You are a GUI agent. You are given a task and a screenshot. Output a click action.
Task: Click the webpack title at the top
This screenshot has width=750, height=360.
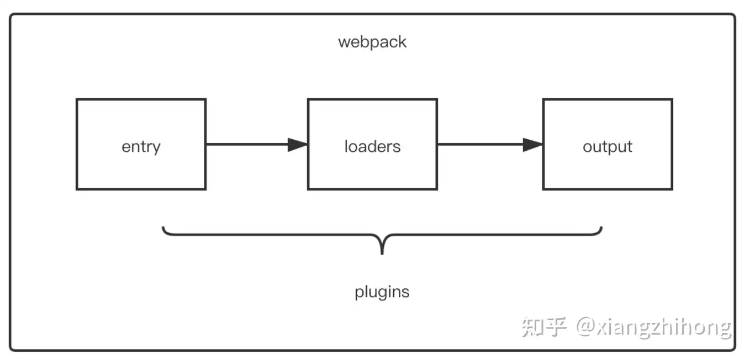tap(372, 43)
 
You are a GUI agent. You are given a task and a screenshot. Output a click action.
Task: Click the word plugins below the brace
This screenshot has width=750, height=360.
tap(382, 292)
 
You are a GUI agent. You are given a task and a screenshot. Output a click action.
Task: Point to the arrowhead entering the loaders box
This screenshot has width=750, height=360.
tap(298, 145)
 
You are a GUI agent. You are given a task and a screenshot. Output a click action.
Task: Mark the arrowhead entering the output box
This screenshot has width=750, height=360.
tap(533, 145)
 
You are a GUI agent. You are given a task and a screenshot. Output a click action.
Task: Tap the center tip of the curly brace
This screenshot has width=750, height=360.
tap(382, 254)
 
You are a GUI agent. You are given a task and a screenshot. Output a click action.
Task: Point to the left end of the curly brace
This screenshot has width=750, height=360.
tap(163, 227)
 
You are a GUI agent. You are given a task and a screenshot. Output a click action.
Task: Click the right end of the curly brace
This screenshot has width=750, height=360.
tap(601, 227)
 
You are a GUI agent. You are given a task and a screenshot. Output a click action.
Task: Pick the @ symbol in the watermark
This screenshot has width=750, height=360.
tap(585, 326)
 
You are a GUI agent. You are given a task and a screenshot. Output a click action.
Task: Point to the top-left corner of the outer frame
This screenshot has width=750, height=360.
tap(10, 14)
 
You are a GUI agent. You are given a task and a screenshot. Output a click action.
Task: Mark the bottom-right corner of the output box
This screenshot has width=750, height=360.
tap(672, 189)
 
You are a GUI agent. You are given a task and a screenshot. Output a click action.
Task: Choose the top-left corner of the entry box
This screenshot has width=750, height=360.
tap(77, 99)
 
